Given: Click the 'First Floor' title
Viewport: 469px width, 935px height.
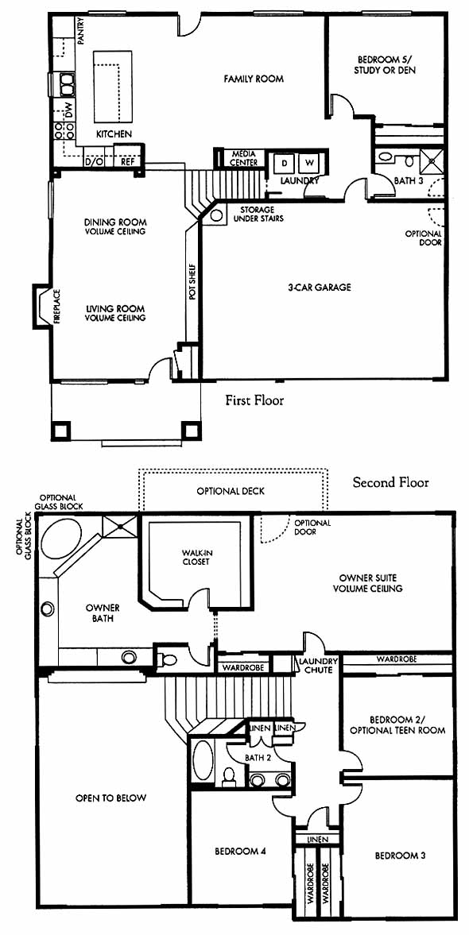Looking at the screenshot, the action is [254, 400].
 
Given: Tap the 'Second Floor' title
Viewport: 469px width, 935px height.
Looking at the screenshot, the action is [390, 482].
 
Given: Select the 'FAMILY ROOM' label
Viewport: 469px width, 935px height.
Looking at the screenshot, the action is [254, 79].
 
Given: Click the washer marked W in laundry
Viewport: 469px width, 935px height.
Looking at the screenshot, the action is [310, 162].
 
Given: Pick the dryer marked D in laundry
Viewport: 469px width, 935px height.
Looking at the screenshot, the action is [284, 162].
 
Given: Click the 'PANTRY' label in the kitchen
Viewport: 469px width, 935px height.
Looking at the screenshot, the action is [80, 30].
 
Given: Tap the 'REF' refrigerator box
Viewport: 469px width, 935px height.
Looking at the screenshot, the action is [128, 160].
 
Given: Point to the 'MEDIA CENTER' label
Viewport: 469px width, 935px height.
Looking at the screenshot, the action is [245, 158].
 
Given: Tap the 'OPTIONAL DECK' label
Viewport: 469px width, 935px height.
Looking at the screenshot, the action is [231, 492].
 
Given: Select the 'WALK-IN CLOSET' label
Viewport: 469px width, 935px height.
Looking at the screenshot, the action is [196, 557].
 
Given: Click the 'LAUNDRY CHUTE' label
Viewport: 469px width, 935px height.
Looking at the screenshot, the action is [319, 666].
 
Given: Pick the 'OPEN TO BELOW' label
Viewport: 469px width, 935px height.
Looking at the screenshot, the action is [111, 798].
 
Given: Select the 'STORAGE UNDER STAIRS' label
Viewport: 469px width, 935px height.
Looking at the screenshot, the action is [258, 214].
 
